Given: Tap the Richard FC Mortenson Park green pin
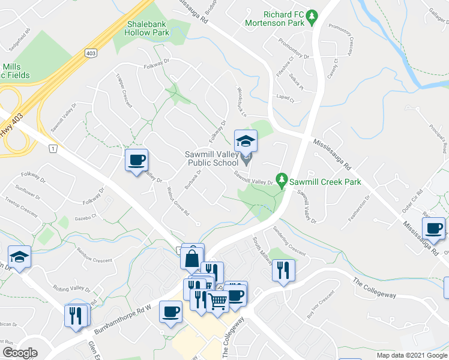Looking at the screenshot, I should (x=312, y=18).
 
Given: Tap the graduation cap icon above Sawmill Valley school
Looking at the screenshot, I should (x=246, y=142).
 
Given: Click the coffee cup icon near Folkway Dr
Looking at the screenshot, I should (x=136, y=160).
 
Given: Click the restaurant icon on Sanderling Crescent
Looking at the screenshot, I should (x=283, y=269).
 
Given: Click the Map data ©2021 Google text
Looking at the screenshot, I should (x=411, y=355).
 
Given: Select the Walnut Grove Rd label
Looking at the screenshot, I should (x=178, y=205).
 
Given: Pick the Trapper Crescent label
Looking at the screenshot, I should (x=122, y=88).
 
